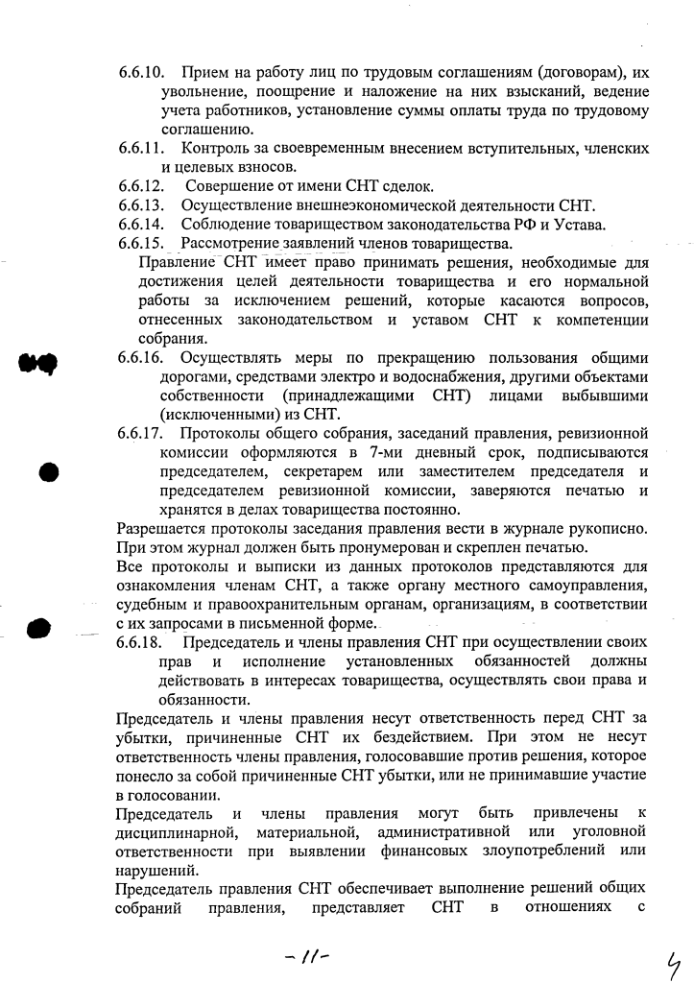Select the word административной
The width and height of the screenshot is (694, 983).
(451, 832)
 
